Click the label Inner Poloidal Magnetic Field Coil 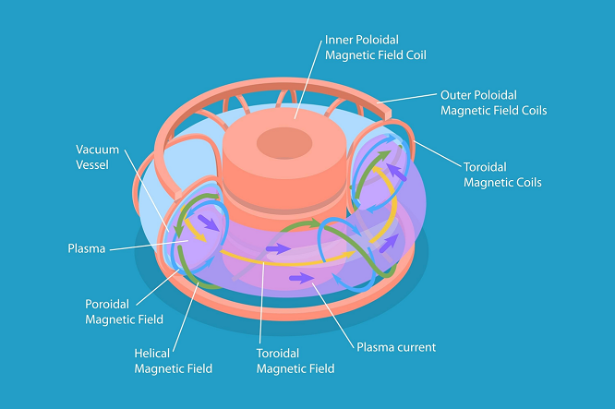tap(375, 47)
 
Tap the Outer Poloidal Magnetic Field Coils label tap(493, 102)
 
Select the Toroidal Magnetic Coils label tap(502, 174)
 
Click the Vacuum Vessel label tap(97, 157)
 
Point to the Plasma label tap(87, 248)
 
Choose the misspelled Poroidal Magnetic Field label tap(124, 312)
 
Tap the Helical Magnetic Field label tap(173, 361)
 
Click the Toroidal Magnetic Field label tap(295, 361)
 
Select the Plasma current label tap(396, 347)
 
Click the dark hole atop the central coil tap(284, 143)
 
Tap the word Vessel tap(92, 164)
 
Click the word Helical tap(151, 354)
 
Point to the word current tap(416, 347)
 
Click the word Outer tap(454, 95)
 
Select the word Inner tap(336, 40)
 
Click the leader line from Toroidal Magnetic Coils tap(438, 153)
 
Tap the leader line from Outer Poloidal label tap(406, 99)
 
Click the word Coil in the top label tap(416, 54)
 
